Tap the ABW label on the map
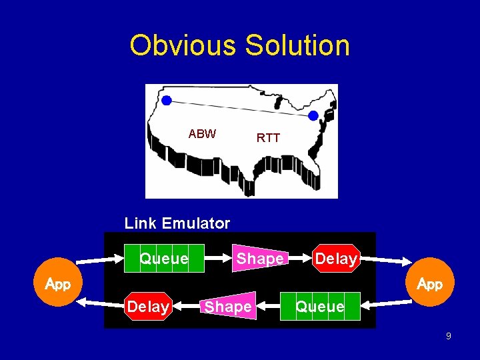click(202, 134)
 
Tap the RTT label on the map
click(268, 138)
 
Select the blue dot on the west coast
click(167, 100)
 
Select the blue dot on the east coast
click(313, 115)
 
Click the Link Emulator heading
click(177, 223)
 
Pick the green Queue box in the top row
click(164, 259)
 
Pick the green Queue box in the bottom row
click(321, 307)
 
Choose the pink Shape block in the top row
click(259, 259)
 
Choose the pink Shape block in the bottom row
click(229, 307)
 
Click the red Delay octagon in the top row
click(336, 259)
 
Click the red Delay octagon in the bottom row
click(148, 307)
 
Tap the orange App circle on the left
click(58, 284)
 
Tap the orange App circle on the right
click(430, 284)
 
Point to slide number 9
click(449, 336)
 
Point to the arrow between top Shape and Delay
click(299, 259)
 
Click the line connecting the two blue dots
click(240, 108)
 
